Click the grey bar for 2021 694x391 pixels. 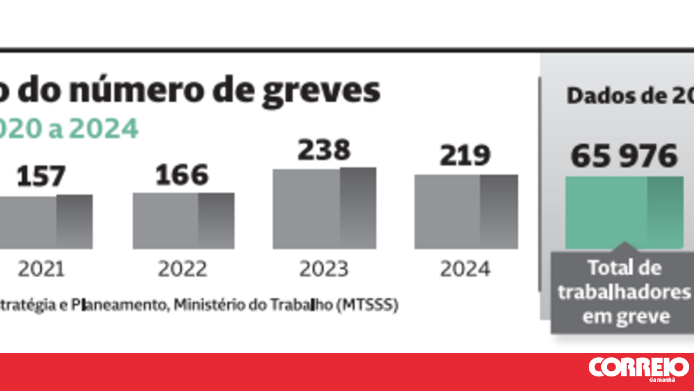46,222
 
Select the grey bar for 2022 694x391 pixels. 183,221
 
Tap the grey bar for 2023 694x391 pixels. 324,209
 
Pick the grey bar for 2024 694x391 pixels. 466,212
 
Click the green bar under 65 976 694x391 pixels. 624,212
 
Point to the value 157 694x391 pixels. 41,177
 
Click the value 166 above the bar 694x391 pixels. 182,175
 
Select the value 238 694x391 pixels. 324,150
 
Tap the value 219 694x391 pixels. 465,156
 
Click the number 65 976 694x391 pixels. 624,156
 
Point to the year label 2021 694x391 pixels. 41,269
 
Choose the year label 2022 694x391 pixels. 183,269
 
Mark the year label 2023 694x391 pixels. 324,269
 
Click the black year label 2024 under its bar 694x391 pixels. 465,269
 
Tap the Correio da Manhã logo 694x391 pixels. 639,369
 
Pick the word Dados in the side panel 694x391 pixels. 594,96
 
